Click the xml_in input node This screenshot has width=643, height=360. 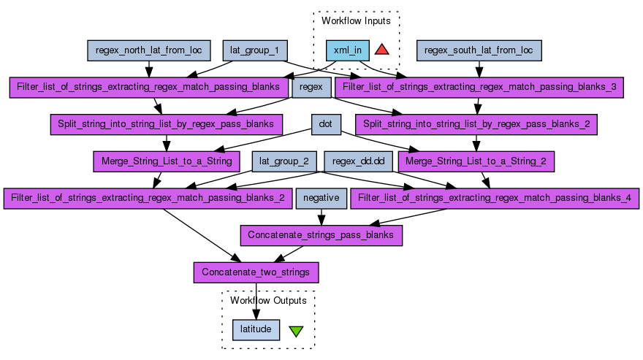(347, 50)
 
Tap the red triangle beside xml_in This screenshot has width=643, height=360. (381, 50)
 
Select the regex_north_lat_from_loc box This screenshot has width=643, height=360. (149, 50)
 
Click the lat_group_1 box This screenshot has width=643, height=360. (255, 50)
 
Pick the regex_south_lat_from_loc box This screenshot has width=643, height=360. (479, 50)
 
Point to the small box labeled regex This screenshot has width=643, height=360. (311, 88)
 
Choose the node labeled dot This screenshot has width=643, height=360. (326, 124)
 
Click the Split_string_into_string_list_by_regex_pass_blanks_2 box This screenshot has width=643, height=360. (476, 124)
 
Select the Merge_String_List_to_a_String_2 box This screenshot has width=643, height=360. (476, 161)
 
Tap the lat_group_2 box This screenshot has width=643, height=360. (284, 161)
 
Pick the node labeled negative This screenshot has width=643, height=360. (321, 198)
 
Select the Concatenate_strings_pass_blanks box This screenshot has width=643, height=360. (321, 235)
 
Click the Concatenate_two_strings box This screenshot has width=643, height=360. (256, 272)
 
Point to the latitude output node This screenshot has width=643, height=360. (256, 329)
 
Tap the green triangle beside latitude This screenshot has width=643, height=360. (296, 331)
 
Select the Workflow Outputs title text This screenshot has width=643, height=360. (268, 300)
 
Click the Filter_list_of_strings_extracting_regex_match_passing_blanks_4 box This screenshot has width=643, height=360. (495, 198)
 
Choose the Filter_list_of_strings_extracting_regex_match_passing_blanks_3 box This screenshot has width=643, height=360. (479, 88)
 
